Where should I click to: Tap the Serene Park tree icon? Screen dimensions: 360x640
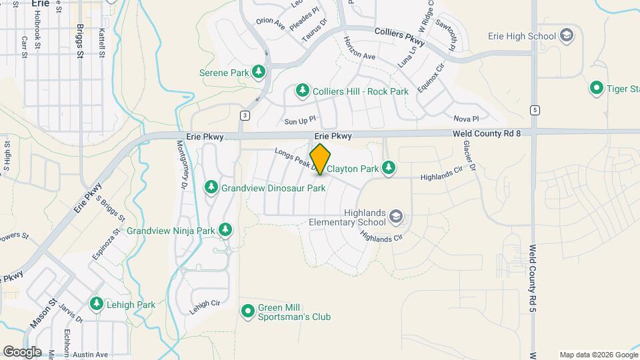pyautogui.click(x=259, y=71)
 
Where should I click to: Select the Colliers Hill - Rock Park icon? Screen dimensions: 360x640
pyautogui.click(x=303, y=90)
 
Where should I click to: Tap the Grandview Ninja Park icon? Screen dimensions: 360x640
pyautogui.click(x=225, y=230)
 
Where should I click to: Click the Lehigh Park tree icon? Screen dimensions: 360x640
pyautogui.click(x=97, y=304)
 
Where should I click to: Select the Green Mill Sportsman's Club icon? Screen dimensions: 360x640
pyautogui.click(x=248, y=311)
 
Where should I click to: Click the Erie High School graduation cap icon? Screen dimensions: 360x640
pyautogui.click(x=567, y=35)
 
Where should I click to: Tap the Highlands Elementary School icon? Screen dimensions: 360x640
pyautogui.click(x=396, y=217)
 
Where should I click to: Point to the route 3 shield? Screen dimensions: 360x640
pyautogui.click(x=245, y=116)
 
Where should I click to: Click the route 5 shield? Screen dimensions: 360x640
pyautogui.click(x=535, y=109)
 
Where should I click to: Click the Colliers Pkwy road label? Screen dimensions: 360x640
pyautogui.click(x=399, y=33)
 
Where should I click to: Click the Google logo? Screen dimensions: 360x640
pyautogui.click(x=22, y=351)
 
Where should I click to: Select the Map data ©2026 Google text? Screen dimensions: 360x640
pyautogui.click(x=598, y=355)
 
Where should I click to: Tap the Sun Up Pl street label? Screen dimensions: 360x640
pyautogui.click(x=299, y=121)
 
